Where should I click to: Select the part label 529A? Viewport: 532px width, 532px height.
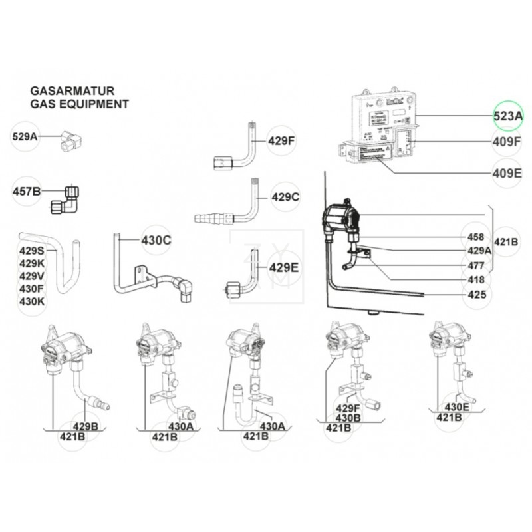tap(25, 137)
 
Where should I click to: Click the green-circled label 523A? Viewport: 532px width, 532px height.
tap(508, 116)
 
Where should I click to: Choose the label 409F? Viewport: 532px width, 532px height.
tap(508, 141)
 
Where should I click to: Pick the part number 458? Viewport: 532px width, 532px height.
tap(475, 237)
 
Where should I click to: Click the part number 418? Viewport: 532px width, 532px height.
tap(475, 280)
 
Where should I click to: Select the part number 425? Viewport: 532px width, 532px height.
tap(475, 294)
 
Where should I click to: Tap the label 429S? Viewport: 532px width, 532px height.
tap(31, 251)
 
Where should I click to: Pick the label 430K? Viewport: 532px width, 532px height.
tap(31, 301)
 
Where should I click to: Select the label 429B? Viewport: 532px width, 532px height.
tap(85, 426)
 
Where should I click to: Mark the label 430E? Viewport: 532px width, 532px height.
tap(457, 407)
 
